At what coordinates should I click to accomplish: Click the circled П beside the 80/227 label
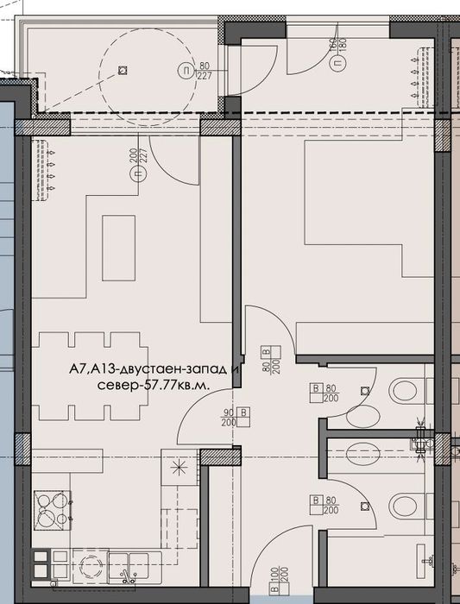click(x=183, y=72)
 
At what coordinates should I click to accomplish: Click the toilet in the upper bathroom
click(x=404, y=391)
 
